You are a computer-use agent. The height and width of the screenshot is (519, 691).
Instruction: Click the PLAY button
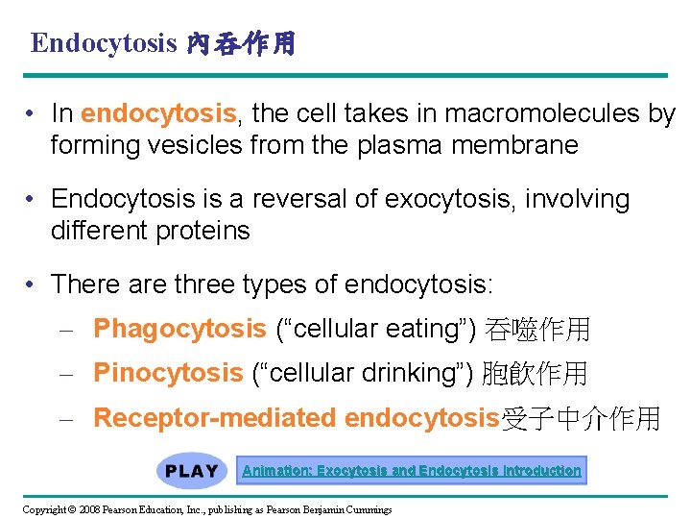[192, 471]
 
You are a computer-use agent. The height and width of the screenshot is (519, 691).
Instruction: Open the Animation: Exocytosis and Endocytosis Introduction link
[412, 471]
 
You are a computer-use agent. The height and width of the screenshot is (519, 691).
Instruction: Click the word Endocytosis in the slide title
[104, 43]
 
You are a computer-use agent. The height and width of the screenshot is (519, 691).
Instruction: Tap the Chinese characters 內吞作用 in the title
[240, 44]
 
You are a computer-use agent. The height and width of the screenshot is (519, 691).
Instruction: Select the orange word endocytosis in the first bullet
[158, 113]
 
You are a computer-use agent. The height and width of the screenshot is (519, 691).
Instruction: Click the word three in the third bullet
[205, 284]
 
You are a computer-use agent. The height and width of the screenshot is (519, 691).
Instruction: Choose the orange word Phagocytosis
[179, 330]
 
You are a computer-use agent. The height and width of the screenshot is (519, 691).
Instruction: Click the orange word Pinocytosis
[168, 373]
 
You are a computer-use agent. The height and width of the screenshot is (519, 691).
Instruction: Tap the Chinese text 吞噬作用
[537, 330]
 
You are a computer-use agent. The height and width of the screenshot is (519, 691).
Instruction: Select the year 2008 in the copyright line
[88, 508]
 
